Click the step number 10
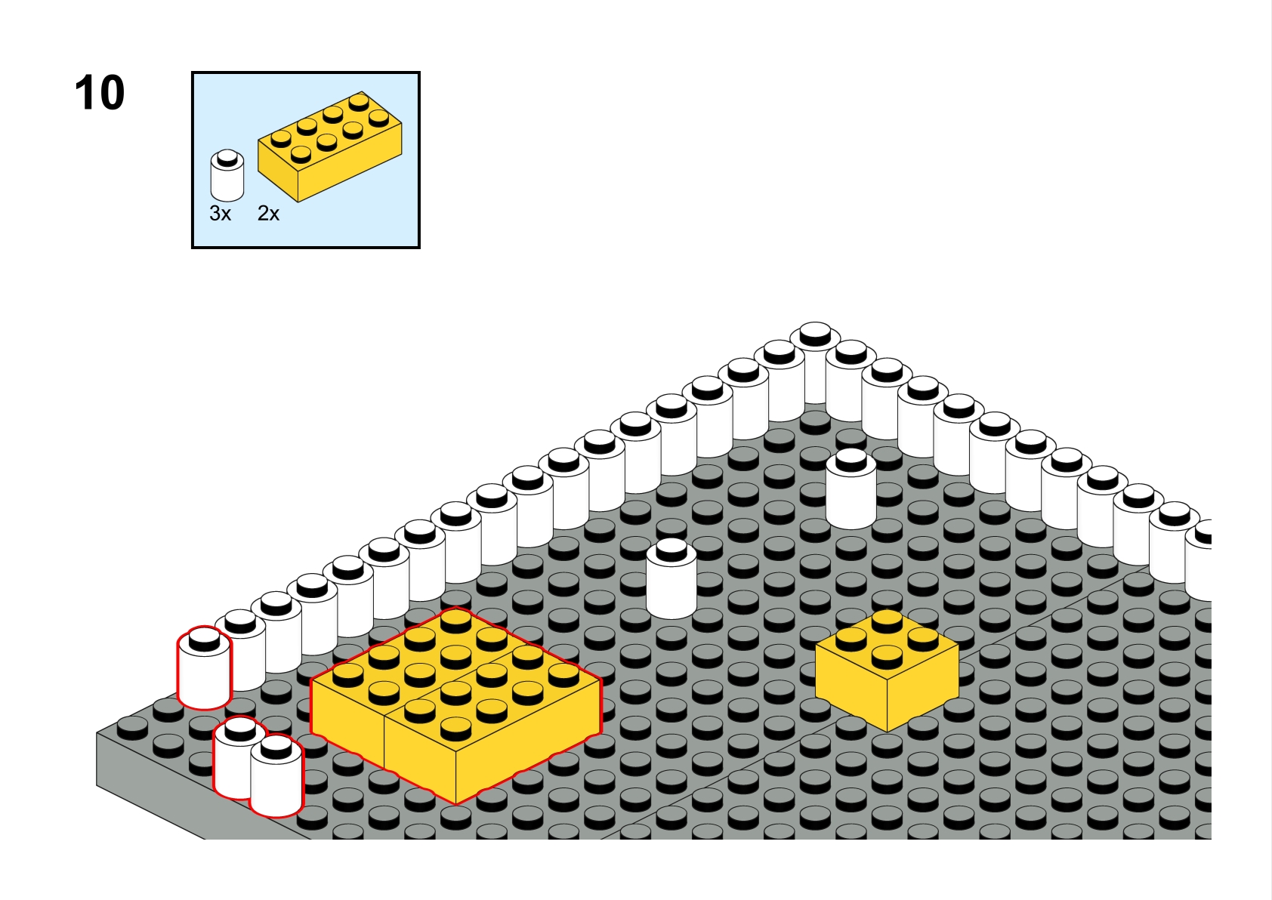click(100, 93)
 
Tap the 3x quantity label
click(221, 214)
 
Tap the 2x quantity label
click(269, 214)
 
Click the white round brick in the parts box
click(227, 175)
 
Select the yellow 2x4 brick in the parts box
click(330, 146)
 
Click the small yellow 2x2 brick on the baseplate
click(887, 670)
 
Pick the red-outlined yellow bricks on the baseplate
click(456, 705)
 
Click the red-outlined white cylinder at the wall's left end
click(205, 668)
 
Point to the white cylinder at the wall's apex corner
click(815, 363)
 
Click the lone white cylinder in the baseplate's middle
click(672, 578)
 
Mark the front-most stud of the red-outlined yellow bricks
click(456, 729)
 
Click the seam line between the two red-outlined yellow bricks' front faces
click(384, 741)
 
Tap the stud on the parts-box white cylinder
click(227, 158)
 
